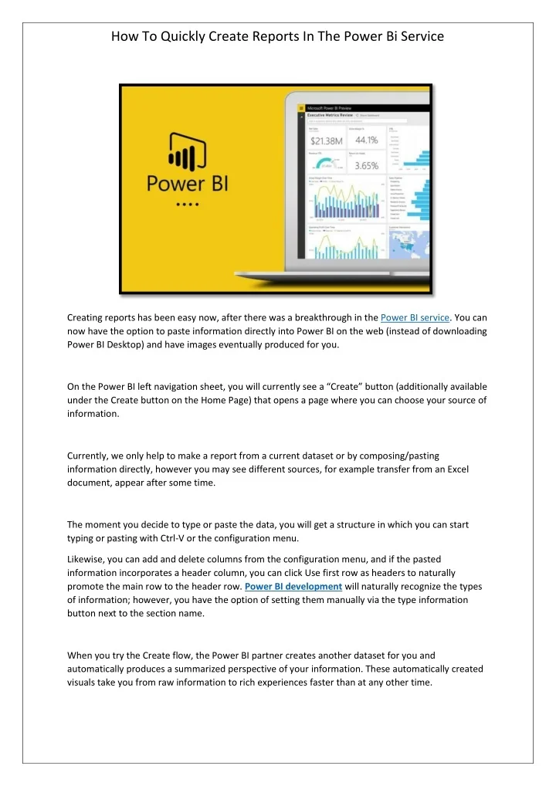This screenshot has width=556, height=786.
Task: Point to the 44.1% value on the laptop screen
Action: click(x=366, y=141)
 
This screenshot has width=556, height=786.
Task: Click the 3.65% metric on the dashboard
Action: click(x=366, y=165)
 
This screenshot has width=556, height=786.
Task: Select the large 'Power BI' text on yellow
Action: click(x=188, y=186)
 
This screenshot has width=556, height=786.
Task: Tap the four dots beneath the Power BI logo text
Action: click(x=188, y=205)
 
